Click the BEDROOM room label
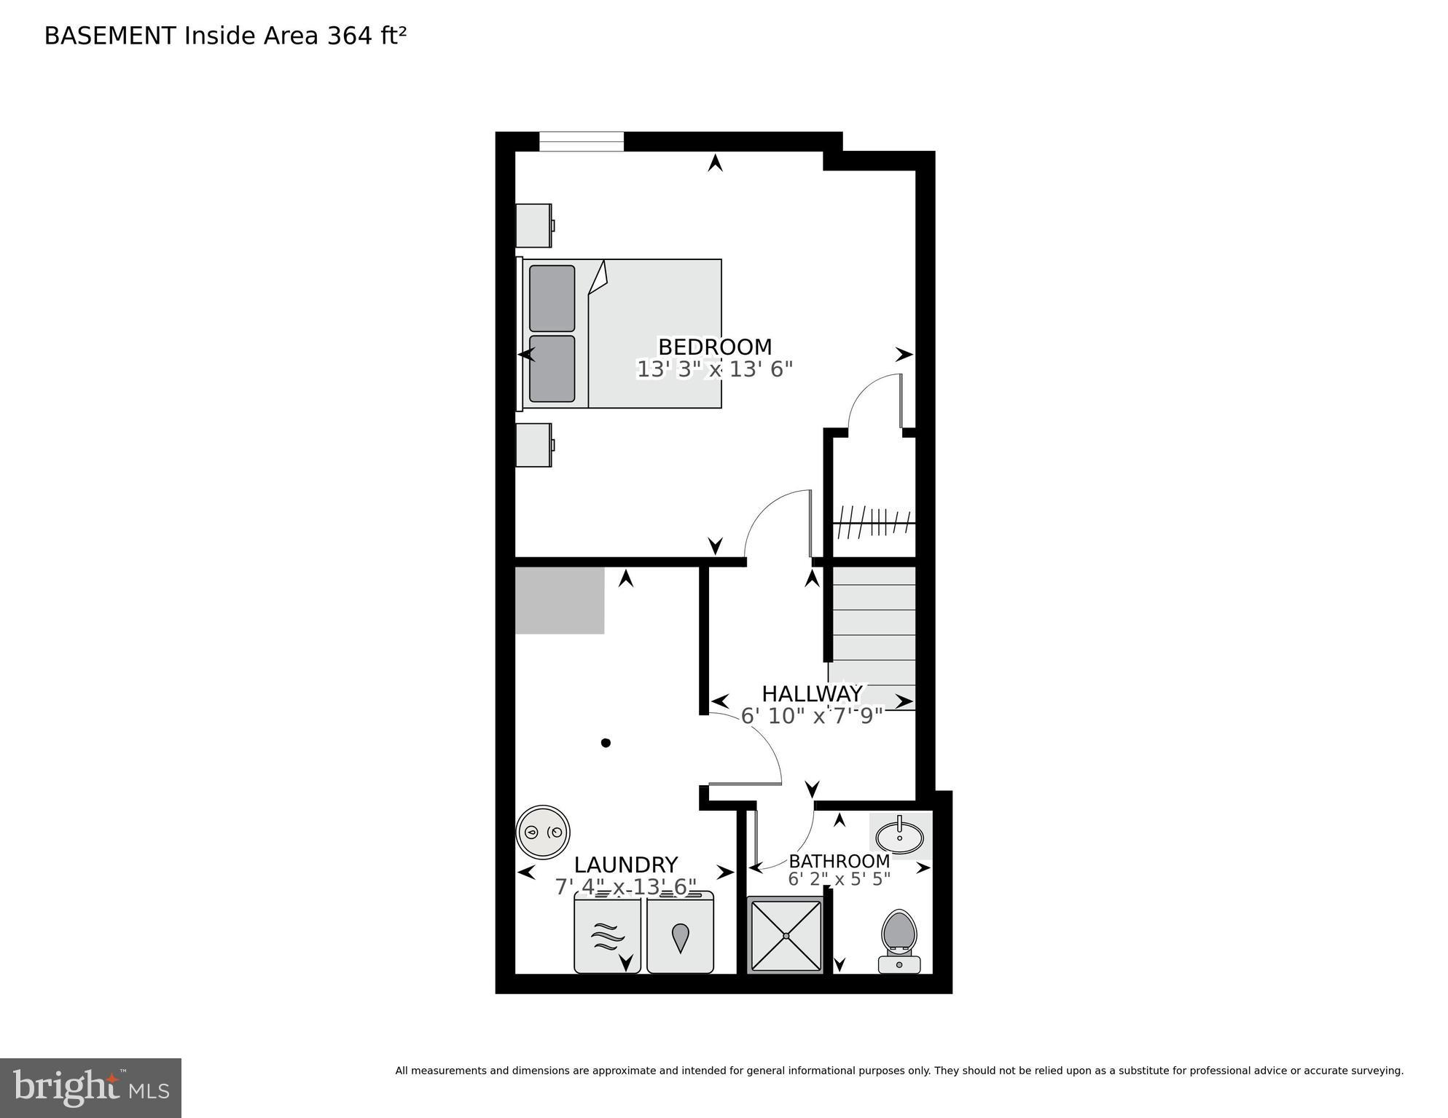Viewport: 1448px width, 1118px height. click(x=714, y=347)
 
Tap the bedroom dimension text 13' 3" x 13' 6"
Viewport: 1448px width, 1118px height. click(x=714, y=369)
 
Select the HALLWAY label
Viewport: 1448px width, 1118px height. click(x=812, y=693)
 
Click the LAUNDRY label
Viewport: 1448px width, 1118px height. click(x=625, y=865)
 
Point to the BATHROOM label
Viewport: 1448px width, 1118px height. click(x=839, y=862)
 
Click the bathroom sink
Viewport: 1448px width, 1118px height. click(x=899, y=836)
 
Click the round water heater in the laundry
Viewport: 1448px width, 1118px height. click(x=543, y=832)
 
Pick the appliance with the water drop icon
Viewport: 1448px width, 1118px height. click(x=680, y=936)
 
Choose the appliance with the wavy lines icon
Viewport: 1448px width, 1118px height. click(x=607, y=936)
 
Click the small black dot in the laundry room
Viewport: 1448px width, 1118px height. click(x=606, y=743)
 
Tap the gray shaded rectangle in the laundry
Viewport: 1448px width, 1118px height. click(x=559, y=601)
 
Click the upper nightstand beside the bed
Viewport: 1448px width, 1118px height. click(x=533, y=226)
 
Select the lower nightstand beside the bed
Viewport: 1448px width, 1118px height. click(x=533, y=445)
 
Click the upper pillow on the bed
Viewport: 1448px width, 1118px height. click(x=552, y=299)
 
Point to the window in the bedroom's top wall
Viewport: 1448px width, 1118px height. click(x=581, y=141)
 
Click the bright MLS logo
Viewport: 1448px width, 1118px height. click(x=90, y=1087)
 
